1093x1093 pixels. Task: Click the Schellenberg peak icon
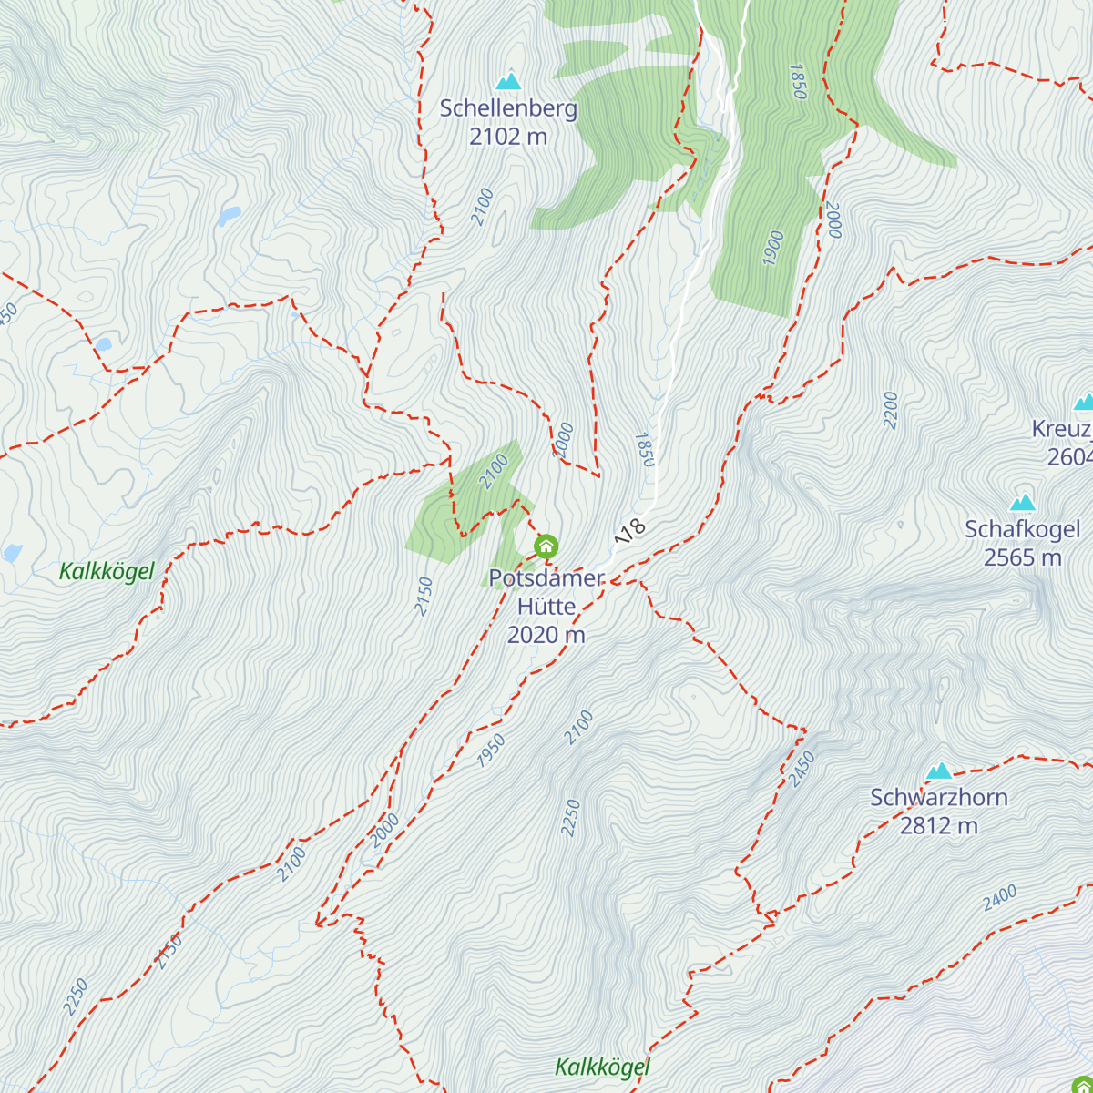click(508, 81)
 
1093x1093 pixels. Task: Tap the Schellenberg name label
click(508, 108)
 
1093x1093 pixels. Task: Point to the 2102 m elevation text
click(508, 137)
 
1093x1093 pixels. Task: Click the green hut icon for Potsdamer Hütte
click(546, 546)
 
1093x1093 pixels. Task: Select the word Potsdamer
click(546, 578)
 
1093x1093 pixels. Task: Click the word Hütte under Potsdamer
click(546, 607)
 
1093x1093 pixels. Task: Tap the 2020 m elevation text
click(546, 635)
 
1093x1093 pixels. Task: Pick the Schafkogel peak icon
click(1023, 502)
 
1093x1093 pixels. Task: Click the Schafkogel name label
click(1023, 529)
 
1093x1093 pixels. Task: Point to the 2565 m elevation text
click(1023, 557)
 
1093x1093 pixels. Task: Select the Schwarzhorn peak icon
click(939, 771)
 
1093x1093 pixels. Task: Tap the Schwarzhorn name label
click(939, 798)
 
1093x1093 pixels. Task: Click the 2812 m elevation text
click(939, 826)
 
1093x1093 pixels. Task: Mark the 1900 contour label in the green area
click(772, 249)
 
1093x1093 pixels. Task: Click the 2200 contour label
click(891, 410)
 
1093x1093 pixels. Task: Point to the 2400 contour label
click(999, 898)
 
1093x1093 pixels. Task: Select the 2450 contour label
click(802, 770)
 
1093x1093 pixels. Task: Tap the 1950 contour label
click(491, 751)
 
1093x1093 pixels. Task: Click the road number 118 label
click(630, 530)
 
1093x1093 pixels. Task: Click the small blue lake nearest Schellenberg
click(229, 216)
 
